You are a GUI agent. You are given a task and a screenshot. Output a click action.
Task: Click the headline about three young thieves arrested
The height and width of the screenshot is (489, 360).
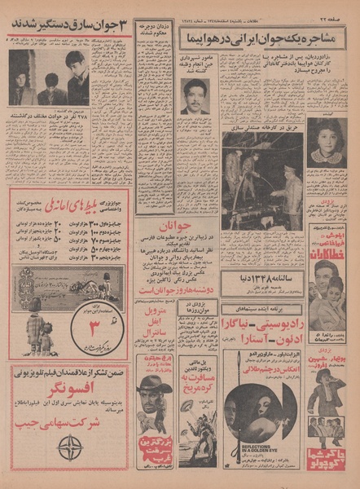coord(70,24)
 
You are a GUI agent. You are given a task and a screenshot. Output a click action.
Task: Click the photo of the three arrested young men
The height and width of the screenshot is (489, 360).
coord(48,78)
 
